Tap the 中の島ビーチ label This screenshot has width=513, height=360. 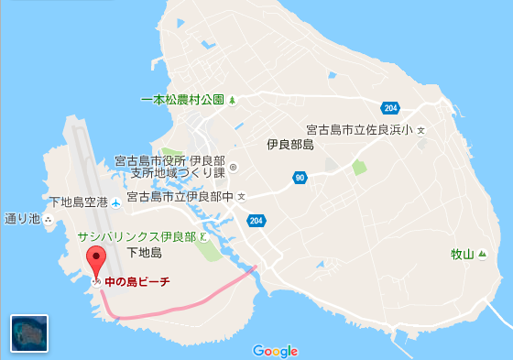(x=137, y=282)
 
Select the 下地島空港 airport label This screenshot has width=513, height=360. (x=79, y=202)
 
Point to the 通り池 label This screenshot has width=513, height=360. (x=23, y=219)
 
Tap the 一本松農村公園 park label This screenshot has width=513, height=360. (x=182, y=99)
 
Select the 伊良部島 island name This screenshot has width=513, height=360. (x=289, y=145)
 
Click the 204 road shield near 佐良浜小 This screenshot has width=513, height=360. (x=391, y=106)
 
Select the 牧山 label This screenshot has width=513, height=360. (x=463, y=254)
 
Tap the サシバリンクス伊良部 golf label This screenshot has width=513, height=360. (x=136, y=236)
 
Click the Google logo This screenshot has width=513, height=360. (x=275, y=351)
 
